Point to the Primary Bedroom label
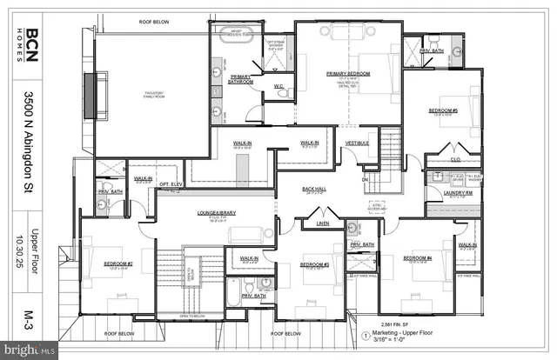point(348,74)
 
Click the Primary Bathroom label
point(241,79)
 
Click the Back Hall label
point(313,189)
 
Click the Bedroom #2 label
point(118,263)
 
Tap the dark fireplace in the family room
point(90,89)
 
